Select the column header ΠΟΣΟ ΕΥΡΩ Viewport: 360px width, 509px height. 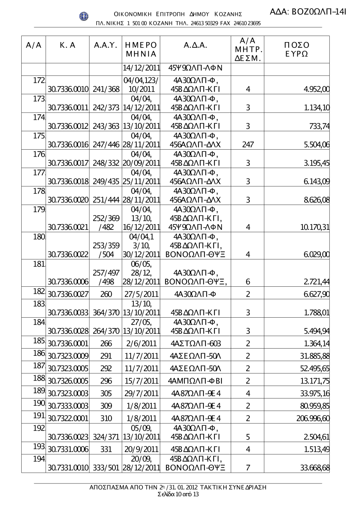(x=296, y=50)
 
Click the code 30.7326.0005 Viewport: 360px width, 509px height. (x=68, y=381)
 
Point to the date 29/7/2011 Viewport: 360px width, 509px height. (x=141, y=394)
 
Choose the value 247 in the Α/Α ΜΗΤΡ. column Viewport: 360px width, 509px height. (x=248, y=145)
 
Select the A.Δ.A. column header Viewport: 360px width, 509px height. (x=195, y=46)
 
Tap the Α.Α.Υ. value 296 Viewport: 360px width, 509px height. (x=106, y=381)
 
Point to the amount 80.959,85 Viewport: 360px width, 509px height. (x=315, y=406)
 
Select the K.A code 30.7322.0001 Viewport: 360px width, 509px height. (x=68, y=418)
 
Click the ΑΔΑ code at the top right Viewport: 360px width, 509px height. (x=308, y=12)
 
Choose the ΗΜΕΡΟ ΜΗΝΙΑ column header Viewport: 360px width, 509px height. (x=141, y=50)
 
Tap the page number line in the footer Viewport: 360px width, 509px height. (x=178, y=494)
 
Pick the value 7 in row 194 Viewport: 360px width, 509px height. (x=248, y=468)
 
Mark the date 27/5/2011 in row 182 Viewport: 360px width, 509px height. (x=141, y=294)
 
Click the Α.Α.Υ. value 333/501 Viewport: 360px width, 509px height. (x=106, y=468)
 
